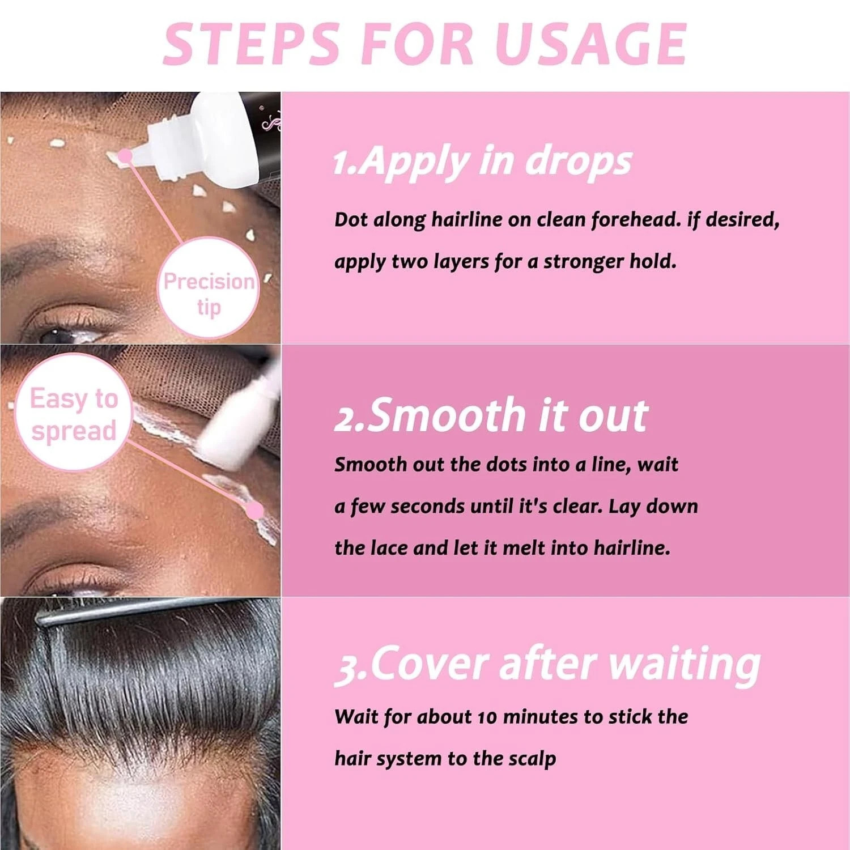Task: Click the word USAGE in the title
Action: [590, 44]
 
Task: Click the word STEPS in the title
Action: [251, 44]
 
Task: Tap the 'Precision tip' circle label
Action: [209, 294]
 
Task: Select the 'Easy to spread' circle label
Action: [74, 414]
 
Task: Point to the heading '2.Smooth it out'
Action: [491, 415]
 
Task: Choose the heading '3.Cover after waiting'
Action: [547, 664]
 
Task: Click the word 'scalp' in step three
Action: [532, 759]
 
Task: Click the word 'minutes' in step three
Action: [541, 717]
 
